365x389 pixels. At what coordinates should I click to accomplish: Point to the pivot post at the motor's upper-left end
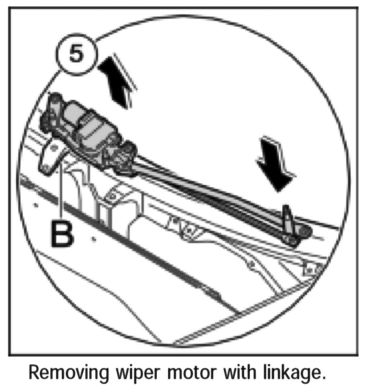[x=54, y=106]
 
